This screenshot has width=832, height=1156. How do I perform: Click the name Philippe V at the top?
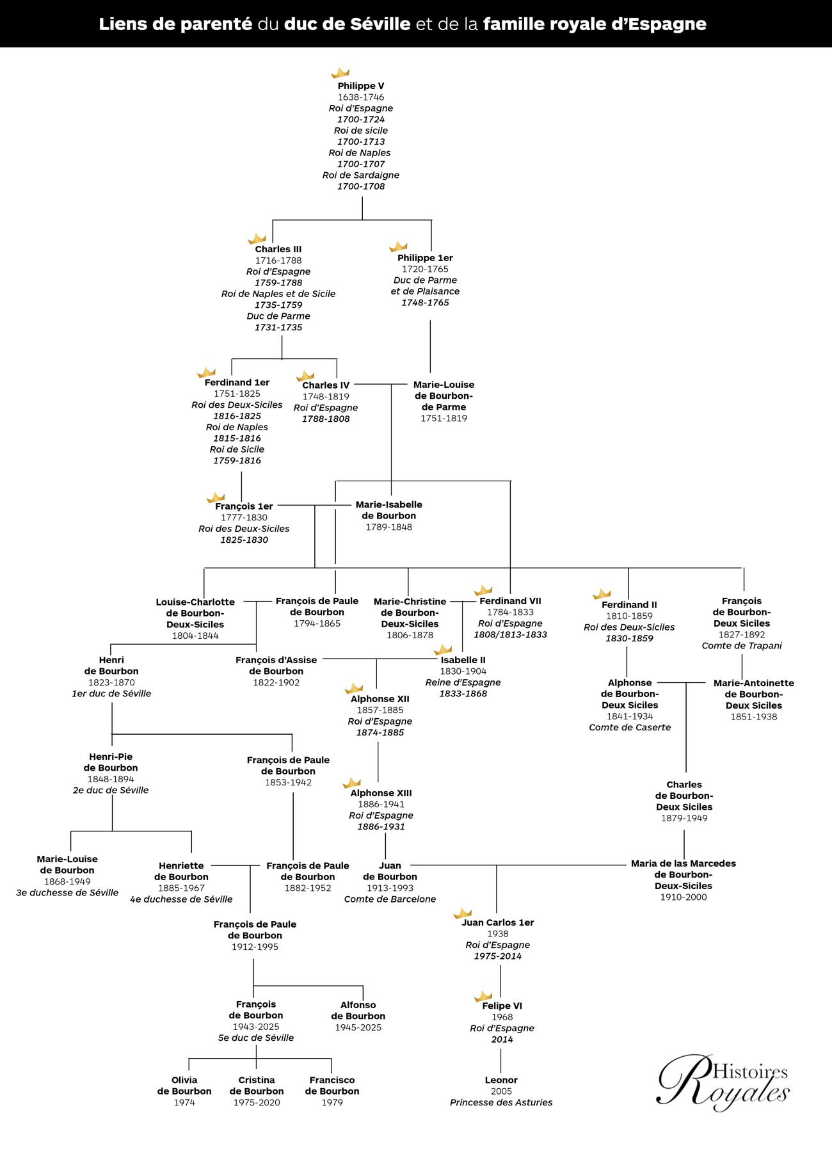click(x=361, y=86)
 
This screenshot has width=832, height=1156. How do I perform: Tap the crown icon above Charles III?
click(x=257, y=239)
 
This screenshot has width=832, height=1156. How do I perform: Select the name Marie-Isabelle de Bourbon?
click(x=389, y=510)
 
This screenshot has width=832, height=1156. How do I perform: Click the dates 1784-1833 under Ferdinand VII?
click(x=510, y=613)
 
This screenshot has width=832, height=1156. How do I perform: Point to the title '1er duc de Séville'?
click(x=111, y=694)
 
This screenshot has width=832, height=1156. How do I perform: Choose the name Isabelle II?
click(x=463, y=660)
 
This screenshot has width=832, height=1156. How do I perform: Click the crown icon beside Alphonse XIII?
click(x=351, y=783)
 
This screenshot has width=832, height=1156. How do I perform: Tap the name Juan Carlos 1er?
click(x=498, y=922)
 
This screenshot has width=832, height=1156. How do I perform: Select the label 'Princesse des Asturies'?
click(x=501, y=1102)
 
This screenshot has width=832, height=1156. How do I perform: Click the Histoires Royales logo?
click(x=723, y=1082)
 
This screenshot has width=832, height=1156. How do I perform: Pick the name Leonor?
click(x=501, y=1080)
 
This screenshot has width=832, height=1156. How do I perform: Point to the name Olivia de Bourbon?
click(x=184, y=1086)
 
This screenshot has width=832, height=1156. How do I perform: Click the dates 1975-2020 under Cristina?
click(x=257, y=1102)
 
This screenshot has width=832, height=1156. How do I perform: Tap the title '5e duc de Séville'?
click(x=256, y=1038)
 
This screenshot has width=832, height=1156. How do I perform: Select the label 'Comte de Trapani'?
click(x=742, y=646)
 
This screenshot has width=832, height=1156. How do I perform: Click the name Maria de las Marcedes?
click(x=684, y=863)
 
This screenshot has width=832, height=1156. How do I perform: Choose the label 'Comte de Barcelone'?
click(x=390, y=899)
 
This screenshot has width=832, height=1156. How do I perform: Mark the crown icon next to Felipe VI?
click(x=483, y=996)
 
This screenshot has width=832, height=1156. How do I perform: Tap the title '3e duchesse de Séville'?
click(x=67, y=893)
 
